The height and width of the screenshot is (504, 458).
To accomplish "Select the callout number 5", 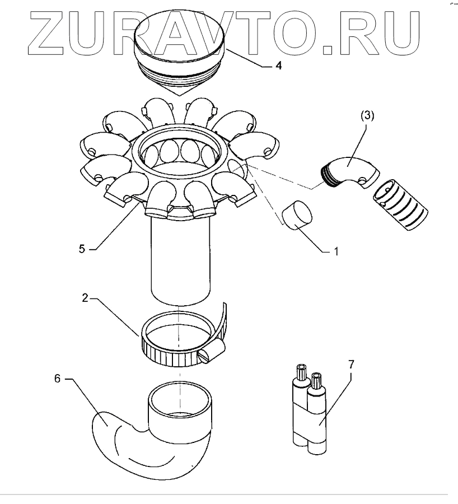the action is coord(82,248).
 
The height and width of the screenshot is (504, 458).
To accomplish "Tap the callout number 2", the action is coord(85,299).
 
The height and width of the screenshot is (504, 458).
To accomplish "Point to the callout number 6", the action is coord(57,379).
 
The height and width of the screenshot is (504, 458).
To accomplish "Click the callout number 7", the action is coord(351,365).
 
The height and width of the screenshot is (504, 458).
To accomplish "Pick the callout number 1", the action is coord(337,252).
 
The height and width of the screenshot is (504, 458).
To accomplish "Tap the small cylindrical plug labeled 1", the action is coord(297,215).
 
